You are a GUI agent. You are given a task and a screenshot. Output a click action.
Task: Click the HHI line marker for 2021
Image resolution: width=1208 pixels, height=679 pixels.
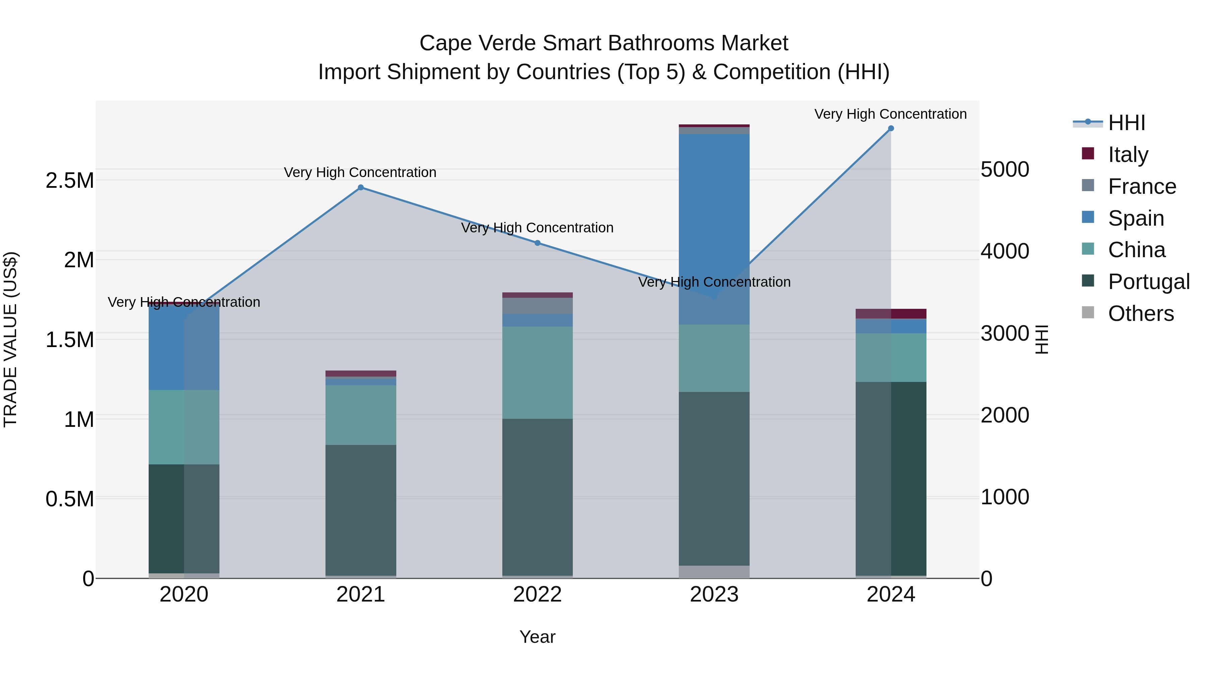pos(361,187)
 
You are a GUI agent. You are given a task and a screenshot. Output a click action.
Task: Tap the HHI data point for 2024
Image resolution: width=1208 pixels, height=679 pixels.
pos(891,128)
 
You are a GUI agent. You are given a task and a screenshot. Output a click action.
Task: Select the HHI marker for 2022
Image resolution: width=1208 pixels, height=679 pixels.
pos(538,243)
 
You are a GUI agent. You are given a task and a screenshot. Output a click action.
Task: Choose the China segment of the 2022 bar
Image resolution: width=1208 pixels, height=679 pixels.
pos(538,373)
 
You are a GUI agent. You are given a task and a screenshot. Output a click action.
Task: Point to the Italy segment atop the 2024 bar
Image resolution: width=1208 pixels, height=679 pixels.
pos(891,314)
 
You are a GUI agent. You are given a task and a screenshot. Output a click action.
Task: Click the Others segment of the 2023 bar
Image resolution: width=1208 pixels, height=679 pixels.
pos(714,572)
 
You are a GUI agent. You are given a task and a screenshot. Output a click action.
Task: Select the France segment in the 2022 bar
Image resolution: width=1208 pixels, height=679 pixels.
pos(538,305)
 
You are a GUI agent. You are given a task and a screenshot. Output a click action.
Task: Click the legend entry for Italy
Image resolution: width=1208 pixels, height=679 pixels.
pos(1128,155)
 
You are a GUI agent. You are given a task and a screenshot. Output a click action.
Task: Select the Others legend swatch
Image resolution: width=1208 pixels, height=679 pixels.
pos(1088,313)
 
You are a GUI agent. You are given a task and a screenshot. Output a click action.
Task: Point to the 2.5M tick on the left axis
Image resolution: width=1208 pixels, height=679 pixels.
pos(70,181)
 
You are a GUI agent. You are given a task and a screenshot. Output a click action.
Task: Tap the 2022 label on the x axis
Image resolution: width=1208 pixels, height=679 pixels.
pos(538,595)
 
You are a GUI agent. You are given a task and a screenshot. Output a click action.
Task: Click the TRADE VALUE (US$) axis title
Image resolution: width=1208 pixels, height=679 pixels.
pos(10,339)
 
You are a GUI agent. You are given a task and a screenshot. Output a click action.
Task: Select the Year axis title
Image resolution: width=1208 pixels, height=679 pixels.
pos(538,637)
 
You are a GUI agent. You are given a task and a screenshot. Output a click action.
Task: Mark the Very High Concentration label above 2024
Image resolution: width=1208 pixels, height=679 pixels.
pos(891,114)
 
